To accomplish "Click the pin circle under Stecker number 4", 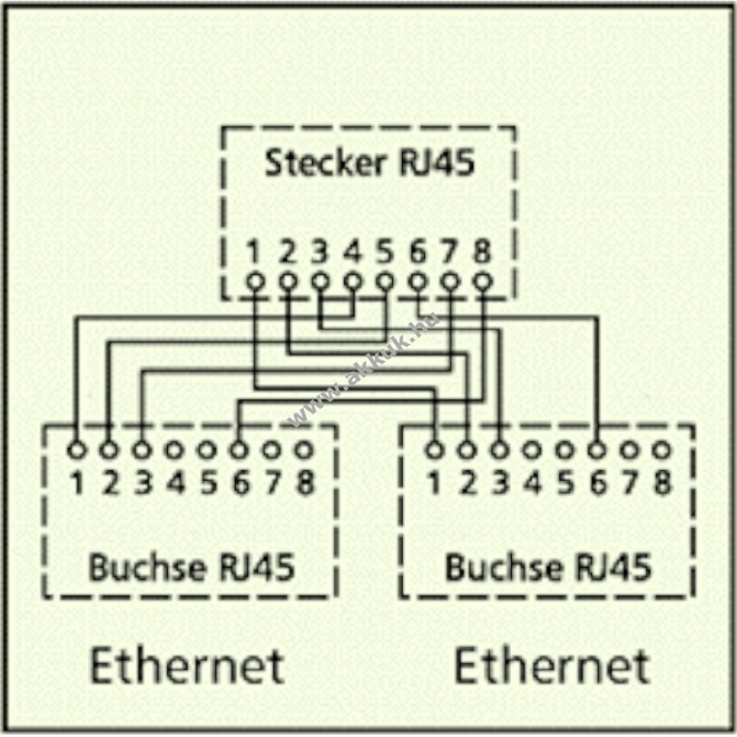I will tap(352, 281).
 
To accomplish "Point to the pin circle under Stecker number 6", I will tap(417, 281).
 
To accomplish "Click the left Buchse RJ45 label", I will tap(191, 567).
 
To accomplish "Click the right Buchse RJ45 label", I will tap(547, 567).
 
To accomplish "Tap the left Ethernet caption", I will tap(187, 665).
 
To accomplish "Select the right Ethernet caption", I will tap(551, 665).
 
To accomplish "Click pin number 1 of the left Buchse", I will tap(76, 483).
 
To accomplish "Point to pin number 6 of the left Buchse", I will tap(239, 483).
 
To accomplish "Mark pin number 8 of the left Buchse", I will tap(304, 483).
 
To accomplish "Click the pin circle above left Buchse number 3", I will tap(142, 450).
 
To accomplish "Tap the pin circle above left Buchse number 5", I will tap(206, 450).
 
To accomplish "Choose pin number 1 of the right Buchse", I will tap(434, 483).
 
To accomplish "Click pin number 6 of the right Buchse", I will tap(597, 483).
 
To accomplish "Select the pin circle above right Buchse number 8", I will tap(662, 450).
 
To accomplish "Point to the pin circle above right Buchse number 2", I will tap(467, 450).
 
